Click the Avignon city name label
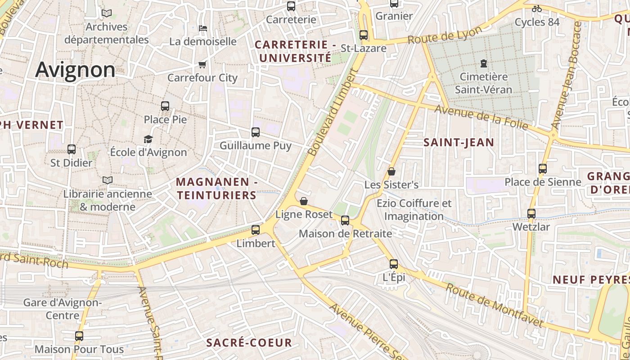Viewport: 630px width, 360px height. pos(75,70)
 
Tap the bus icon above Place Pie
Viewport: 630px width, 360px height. pos(165,106)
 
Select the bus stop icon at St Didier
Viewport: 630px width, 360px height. pos(71,149)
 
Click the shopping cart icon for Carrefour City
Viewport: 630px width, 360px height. pos(202,65)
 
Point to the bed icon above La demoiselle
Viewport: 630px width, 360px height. pos(203,28)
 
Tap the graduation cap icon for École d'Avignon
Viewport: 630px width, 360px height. pos(148,139)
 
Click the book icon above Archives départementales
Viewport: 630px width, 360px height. pos(107,13)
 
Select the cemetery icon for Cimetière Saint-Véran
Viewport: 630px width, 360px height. pos(484,63)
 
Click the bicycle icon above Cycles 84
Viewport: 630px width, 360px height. pos(537,9)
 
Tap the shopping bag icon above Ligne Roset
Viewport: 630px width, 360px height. pos(304,201)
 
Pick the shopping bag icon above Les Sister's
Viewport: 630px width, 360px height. pos(391,171)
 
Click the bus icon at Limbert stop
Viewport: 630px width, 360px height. pos(256,230)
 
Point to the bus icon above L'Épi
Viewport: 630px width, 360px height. pos(394,264)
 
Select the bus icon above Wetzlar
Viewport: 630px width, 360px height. pos(531,214)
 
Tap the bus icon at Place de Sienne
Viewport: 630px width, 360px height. pos(543,169)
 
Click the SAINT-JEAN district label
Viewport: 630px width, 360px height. pos(459,143)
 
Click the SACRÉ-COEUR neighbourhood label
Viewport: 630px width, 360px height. pos(249,342)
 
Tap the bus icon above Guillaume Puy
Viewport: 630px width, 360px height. pos(256,132)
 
